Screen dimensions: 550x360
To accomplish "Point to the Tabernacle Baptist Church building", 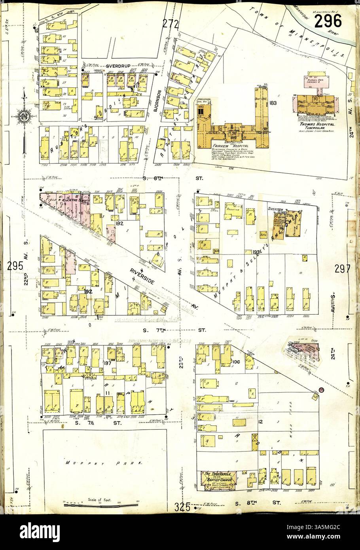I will (x=218, y=481).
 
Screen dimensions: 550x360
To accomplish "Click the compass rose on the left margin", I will (x=24, y=116).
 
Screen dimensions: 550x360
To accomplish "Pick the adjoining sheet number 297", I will (x=342, y=269).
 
